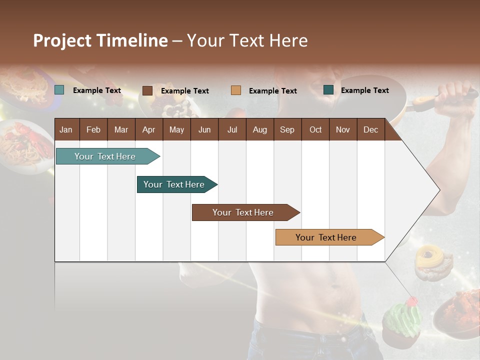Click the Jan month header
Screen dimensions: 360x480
(66, 130)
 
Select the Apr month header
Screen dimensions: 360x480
(148, 130)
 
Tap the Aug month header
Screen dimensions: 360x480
(259, 130)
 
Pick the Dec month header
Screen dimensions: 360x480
(370, 130)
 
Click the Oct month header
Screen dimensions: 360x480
(315, 130)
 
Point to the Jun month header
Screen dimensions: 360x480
(204, 130)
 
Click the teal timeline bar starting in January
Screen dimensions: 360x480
(105, 156)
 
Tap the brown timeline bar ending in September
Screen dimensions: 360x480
(243, 212)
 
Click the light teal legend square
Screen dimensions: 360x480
(59, 90)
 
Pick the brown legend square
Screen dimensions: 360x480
(147, 90)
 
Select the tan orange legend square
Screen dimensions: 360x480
(235, 90)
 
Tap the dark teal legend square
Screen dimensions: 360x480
(328, 90)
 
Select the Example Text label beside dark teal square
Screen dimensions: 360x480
(364, 90)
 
